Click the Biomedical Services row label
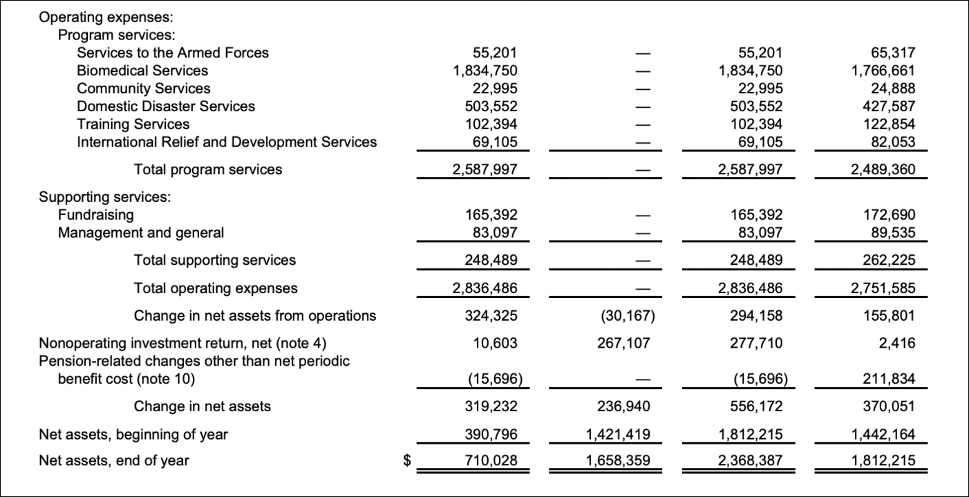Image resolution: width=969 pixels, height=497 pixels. coord(142,71)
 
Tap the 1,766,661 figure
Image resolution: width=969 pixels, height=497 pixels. coord(884,71)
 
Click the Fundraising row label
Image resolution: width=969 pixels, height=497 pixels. coord(96,215)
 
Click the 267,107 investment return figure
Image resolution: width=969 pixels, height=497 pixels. coord(625,344)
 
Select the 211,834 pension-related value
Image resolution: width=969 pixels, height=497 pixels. coord(890,379)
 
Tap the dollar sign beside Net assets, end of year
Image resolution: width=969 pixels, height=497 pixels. coord(408,460)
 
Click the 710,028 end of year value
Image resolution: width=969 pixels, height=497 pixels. coord(491,460)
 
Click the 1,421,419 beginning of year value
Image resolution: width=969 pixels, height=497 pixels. coord(619,435)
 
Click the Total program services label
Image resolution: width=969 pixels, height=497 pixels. coord(208,169)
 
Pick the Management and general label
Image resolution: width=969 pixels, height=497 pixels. coord(141,233)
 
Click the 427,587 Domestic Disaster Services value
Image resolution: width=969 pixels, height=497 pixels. coord(890,106)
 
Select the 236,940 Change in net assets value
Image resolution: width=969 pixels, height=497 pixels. coord(625,406)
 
